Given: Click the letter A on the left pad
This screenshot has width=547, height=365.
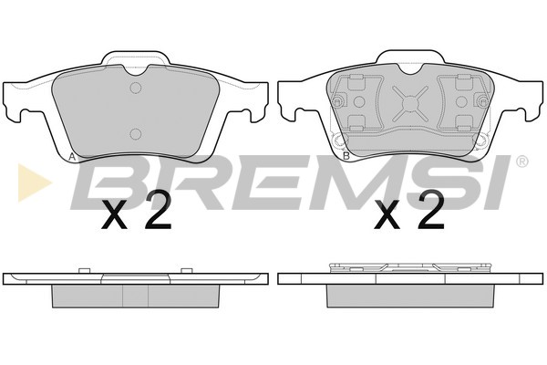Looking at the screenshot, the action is click(72, 157).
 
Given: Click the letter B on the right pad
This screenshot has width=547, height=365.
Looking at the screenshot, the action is click(346, 156).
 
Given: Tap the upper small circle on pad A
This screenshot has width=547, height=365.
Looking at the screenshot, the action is click(135, 88).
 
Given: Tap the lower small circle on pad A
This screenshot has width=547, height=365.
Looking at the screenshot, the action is click(135, 133).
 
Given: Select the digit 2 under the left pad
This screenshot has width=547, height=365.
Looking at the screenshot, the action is click(158, 211).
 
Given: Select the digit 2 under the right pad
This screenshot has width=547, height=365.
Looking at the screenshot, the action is click(431, 211).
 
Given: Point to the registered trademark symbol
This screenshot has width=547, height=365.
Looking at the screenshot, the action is click(521, 161).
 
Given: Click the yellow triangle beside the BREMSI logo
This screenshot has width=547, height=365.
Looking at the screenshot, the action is click(33, 182).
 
